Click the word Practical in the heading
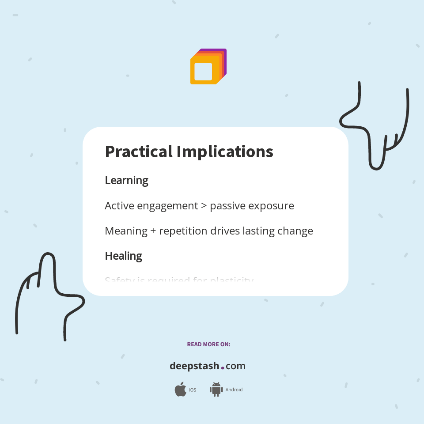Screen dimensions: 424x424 click(139, 152)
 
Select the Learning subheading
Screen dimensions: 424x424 click(126, 181)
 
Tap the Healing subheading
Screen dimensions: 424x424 click(123, 256)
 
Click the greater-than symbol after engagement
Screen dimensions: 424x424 click(204, 206)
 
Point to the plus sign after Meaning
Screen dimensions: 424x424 click(153, 231)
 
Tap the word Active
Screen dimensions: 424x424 click(117, 206)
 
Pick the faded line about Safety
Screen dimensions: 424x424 click(179, 280)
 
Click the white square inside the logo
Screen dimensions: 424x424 click(203, 72)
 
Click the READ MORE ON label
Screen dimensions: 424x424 click(208, 344)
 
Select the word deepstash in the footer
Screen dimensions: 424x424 click(194, 366)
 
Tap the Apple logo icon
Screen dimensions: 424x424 click(180, 390)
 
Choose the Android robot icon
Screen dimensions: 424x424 click(216, 390)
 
